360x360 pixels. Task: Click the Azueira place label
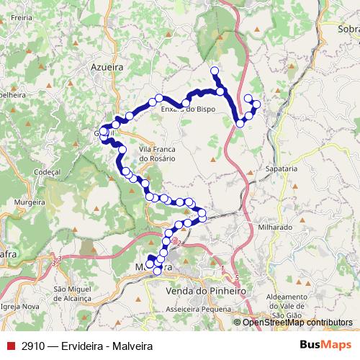(107, 66)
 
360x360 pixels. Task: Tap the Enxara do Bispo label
(188, 109)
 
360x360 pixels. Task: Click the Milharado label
(274, 227)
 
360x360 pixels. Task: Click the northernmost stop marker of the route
(214, 71)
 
